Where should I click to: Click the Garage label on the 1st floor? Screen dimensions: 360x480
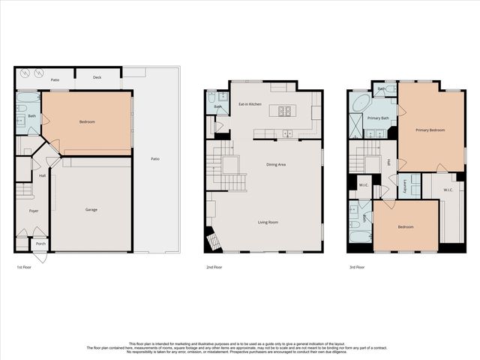coord(91,209)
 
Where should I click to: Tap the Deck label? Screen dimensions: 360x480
coord(97,77)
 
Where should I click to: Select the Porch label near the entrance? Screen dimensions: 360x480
coord(40,244)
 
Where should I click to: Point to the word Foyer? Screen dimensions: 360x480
coord(34,211)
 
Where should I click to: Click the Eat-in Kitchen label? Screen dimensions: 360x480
coord(250,103)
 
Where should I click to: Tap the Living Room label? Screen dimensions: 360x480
coord(268,222)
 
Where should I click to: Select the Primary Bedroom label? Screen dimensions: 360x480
coord(430,130)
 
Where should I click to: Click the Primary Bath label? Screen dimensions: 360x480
coord(378,118)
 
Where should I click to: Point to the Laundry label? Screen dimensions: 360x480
coord(405,185)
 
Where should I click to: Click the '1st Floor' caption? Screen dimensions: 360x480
coord(24,267)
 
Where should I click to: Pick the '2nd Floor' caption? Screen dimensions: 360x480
coord(214,267)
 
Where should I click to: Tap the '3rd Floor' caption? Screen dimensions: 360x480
coord(357,267)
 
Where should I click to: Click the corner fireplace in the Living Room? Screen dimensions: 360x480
coord(214,241)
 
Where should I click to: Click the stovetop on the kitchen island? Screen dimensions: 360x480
coord(285,111)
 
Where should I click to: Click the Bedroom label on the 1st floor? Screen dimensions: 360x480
coord(87,121)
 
